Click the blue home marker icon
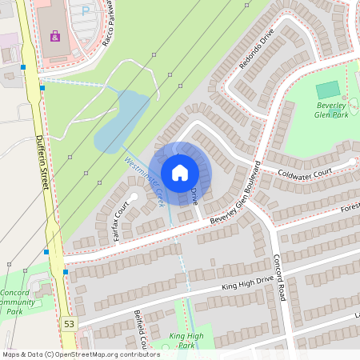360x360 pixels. [x=180, y=172]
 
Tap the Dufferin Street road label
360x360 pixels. [x=42, y=161]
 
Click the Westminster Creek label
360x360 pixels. [x=145, y=178]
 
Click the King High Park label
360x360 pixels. [x=186, y=341]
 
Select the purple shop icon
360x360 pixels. [x=54, y=36]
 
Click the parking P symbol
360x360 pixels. [x=86, y=10]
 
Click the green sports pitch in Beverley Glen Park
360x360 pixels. [x=327, y=90]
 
